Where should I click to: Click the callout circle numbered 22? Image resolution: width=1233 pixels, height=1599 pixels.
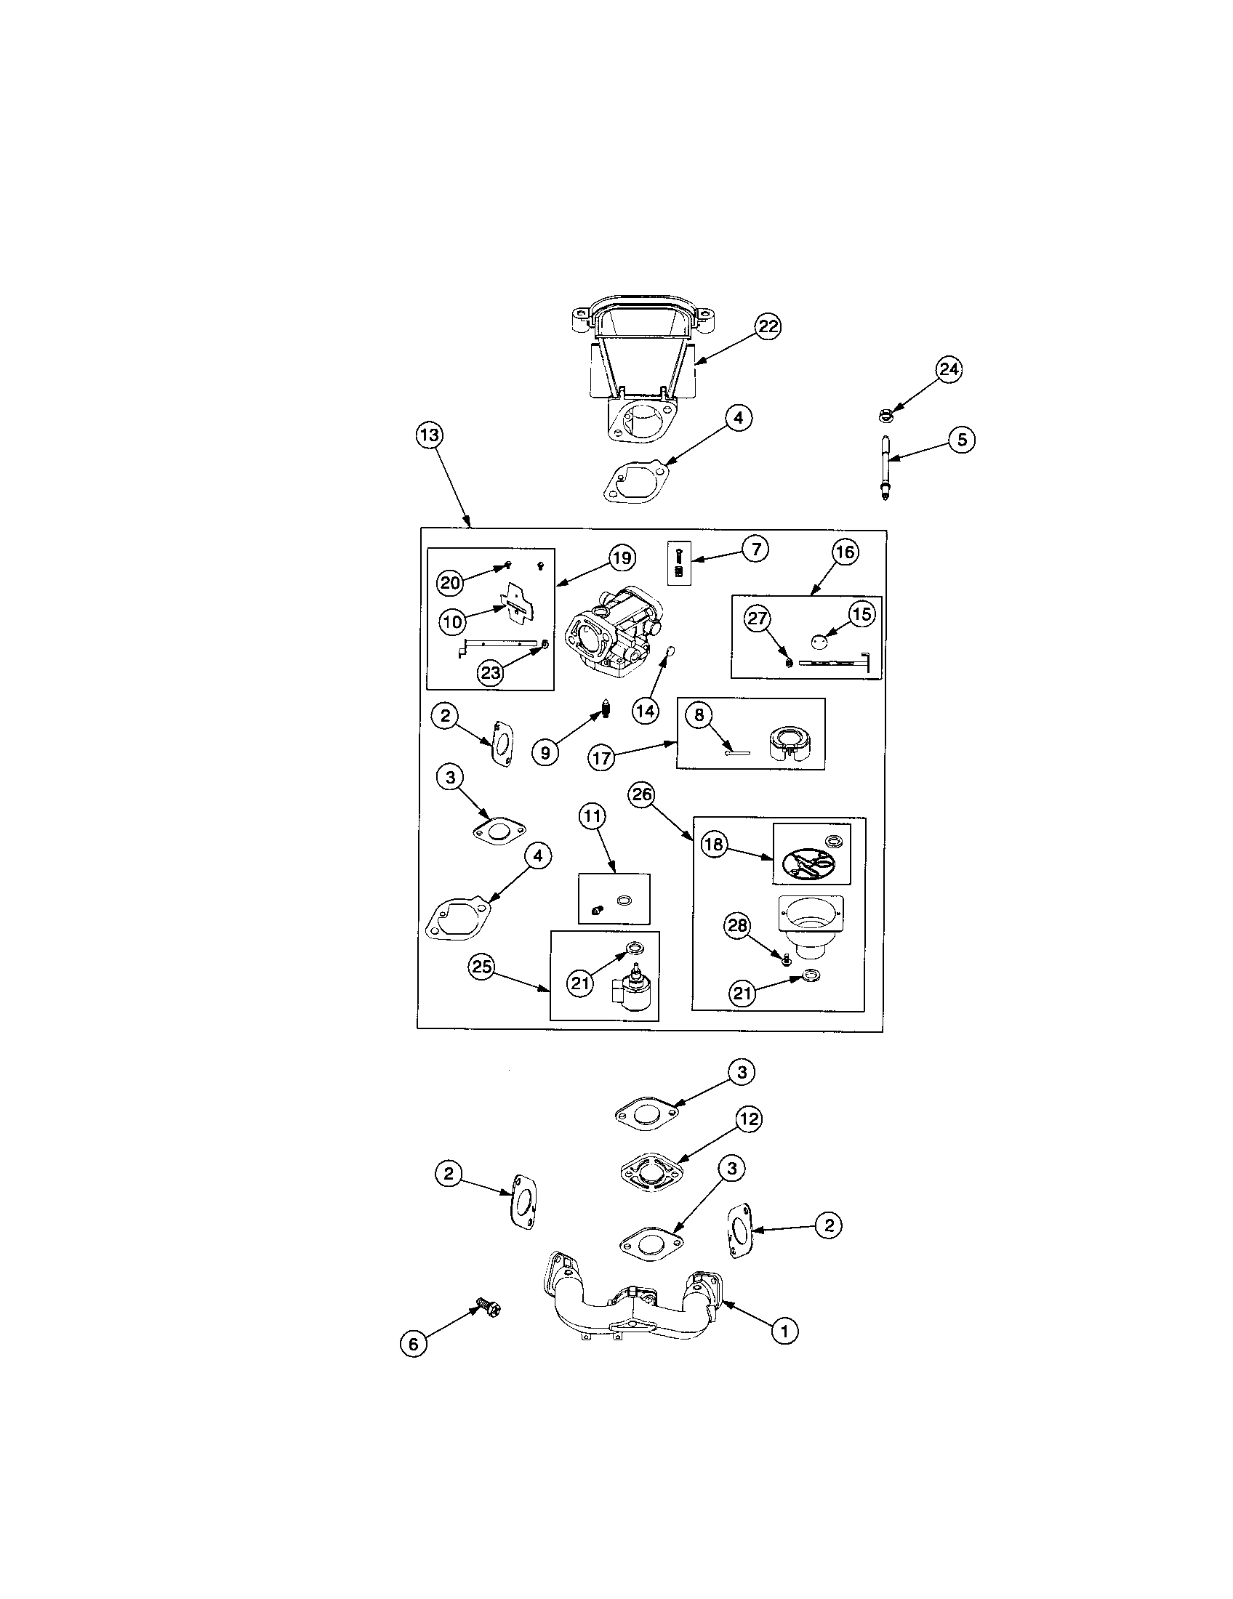[x=767, y=326]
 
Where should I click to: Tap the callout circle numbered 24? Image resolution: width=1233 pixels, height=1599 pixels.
[x=949, y=370]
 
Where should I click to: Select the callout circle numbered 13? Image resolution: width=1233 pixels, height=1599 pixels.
[x=429, y=435]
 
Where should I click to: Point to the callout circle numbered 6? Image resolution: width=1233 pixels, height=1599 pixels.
[x=414, y=1343]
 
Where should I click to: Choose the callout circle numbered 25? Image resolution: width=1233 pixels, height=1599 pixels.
[x=481, y=967]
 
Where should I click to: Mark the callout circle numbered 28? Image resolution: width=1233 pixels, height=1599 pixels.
[x=736, y=926]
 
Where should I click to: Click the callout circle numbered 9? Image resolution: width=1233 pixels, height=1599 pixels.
[x=545, y=752]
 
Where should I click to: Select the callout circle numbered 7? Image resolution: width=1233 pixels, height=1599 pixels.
[x=755, y=548]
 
